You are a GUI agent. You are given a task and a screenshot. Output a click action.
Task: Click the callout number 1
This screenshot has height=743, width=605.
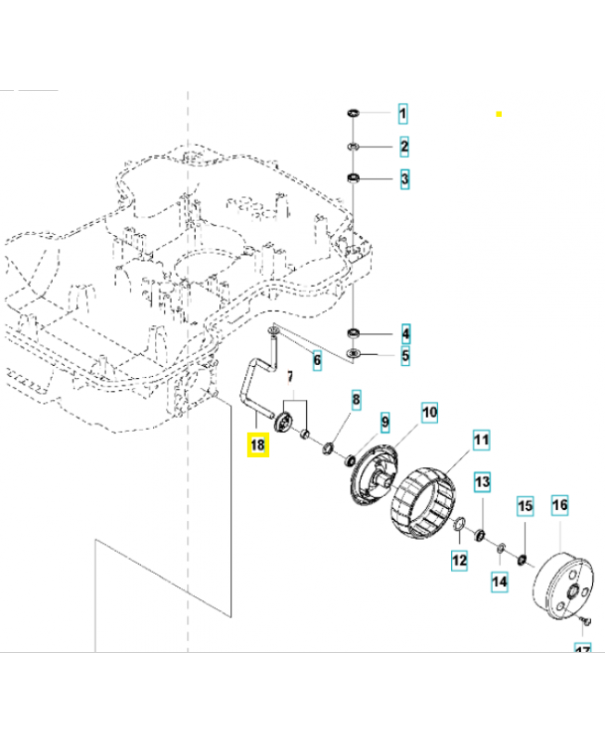point(404,115)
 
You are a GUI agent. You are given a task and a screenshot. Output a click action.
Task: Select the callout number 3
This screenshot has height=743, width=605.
point(404,178)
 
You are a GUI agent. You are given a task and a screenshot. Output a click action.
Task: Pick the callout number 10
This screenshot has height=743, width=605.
point(430,411)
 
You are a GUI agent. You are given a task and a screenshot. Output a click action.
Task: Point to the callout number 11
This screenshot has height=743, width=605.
point(481,440)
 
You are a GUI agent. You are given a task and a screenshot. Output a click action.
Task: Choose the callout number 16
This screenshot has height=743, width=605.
point(560,506)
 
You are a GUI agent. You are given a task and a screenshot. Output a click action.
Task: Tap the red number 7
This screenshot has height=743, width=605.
point(289,378)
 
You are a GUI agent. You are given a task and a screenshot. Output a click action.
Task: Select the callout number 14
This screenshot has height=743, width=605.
point(500,582)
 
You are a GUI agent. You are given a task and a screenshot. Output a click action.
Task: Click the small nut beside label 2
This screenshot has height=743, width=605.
point(354,147)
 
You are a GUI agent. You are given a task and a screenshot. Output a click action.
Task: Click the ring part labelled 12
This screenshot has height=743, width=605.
point(458,529)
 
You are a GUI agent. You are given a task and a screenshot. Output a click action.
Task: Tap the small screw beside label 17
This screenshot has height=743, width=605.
point(582,619)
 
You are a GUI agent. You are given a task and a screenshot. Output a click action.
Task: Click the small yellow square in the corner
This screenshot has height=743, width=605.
point(498,113)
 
